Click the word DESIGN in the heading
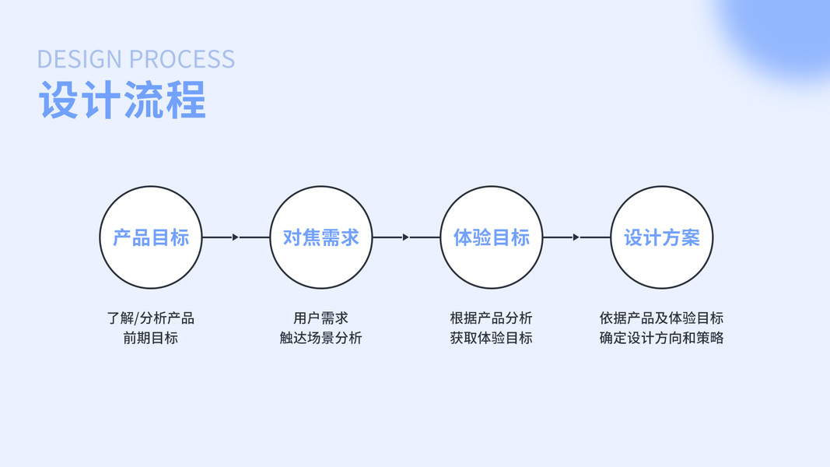pos(80,60)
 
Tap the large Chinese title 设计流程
pos(122,100)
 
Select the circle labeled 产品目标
pos(151,237)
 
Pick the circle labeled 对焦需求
pos(320,237)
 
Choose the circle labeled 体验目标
pos(491,237)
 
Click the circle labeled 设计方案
pos(661,237)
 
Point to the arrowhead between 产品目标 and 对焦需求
pos(236,237)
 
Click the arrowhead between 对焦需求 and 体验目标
pos(405,237)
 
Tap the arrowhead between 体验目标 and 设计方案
pos(576,237)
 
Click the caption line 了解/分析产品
pos(151,318)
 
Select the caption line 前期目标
pos(151,339)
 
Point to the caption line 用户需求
pos(320,318)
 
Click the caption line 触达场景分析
pos(320,339)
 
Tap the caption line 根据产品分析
pos(491,318)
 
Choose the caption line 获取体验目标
pos(491,339)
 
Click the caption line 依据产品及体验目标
pos(661,318)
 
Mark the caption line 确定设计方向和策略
pos(661,339)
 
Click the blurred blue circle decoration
pos(786,31)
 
